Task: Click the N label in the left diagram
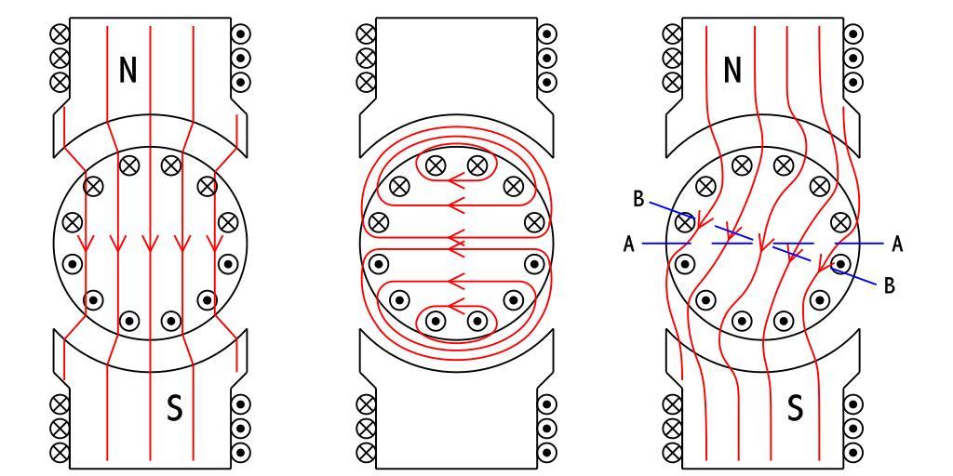pyautogui.click(x=129, y=71)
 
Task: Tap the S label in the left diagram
pyautogui.click(x=173, y=409)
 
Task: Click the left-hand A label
pyautogui.click(x=629, y=244)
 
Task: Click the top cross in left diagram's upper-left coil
pyautogui.click(x=62, y=33)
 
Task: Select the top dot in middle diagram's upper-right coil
pyautogui.click(x=546, y=33)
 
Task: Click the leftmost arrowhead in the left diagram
pyautogui.click(x=86, y=244)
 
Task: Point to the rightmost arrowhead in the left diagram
pyautogui.click(x=212, y=244)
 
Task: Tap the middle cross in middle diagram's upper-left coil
pyautogui.click(x=367, y=57)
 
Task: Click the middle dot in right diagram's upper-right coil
pyautogui.click(x=851, y=57)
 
